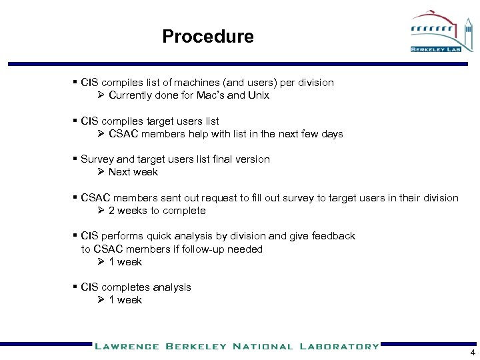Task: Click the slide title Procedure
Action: click(207, 36)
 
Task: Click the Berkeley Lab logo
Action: click(441, 32)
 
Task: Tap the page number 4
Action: click(473, 353)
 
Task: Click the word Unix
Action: click(257, 95)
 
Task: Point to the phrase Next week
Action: click(133, 172)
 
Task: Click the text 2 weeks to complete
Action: click(157, 211)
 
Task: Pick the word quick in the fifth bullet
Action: click(166, 236)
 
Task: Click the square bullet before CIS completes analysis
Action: click(75, 287)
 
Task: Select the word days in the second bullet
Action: click(331, 134)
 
